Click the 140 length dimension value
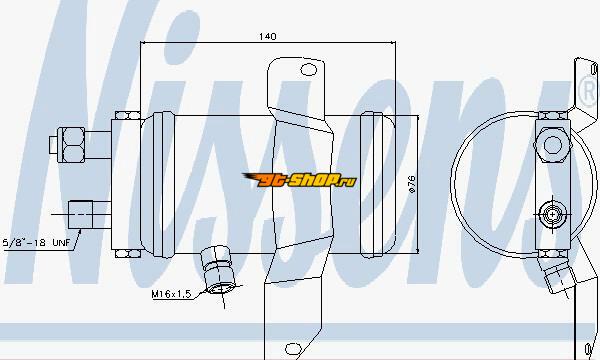[267, 36]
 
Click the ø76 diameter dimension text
[412, 184]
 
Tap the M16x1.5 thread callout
[171, 294]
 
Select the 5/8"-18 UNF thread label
[37, 242]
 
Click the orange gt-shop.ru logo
[299, 179]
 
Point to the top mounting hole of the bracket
[308, 70]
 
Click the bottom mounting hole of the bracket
[293, 349]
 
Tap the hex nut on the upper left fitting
[71, 145]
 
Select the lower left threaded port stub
[80, 215]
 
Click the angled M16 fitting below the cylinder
[217, 270]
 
